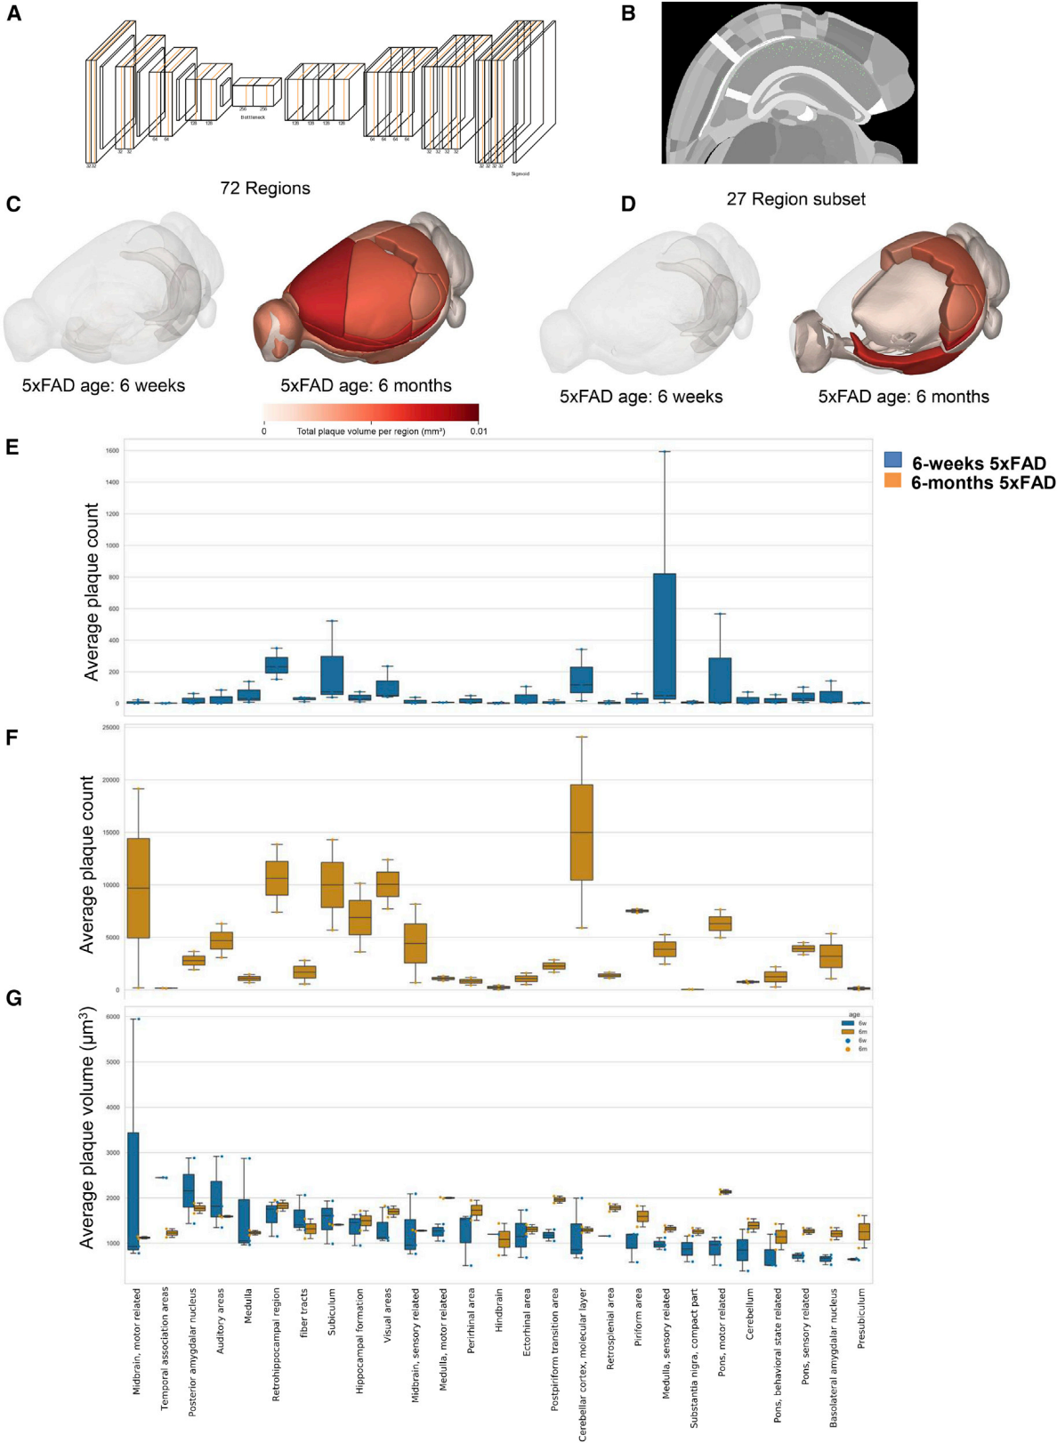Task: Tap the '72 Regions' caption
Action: click(x=265, y=189)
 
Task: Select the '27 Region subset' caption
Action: click(x=795, y=199)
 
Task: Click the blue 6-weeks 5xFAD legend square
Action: click(x=892, y=461)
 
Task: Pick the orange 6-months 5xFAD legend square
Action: click(x=892, y=481)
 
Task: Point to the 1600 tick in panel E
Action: click(x=111, y=451)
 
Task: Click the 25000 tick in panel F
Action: click(x=110, y=728)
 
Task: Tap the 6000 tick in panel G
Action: click(x=112, y=1017)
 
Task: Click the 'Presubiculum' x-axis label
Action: click(x=861, y=1319)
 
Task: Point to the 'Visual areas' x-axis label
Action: click(x=387, y=1317)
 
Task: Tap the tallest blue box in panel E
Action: click(x=664, y=636)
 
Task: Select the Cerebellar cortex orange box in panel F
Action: click(x=581, y=832)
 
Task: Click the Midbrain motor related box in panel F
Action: click(x=138, y=888)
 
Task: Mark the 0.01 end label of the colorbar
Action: click(x=479, y=431)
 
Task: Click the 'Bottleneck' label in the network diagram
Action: click(x=253, y=117)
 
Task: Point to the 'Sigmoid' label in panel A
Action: click(x=520, y=173)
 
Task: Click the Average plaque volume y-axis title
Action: click(x=87, y=1127)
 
